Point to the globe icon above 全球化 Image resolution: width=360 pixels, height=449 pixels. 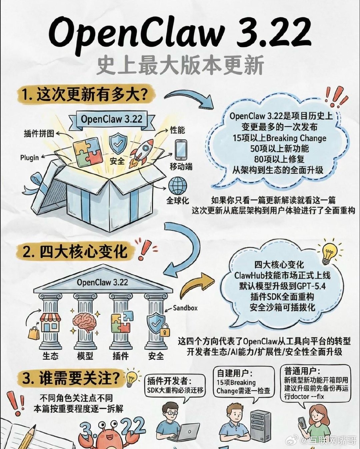pyautogui.click(x=178, y=186)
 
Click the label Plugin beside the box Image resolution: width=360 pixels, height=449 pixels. pyautogui.click(x=29, y=157)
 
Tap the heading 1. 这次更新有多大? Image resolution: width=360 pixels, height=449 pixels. pyautogui.click(x=85, y=94)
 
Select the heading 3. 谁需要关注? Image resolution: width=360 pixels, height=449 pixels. pyautogui.click(x=71, y=378)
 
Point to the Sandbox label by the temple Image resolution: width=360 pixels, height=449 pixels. pyautogui.click(x=185, y=308)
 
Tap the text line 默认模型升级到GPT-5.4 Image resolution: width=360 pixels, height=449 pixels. pyautogui.click(x=282, y=286)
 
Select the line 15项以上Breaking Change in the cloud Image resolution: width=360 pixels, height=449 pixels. pyautogui.click(x=279, y=138)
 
